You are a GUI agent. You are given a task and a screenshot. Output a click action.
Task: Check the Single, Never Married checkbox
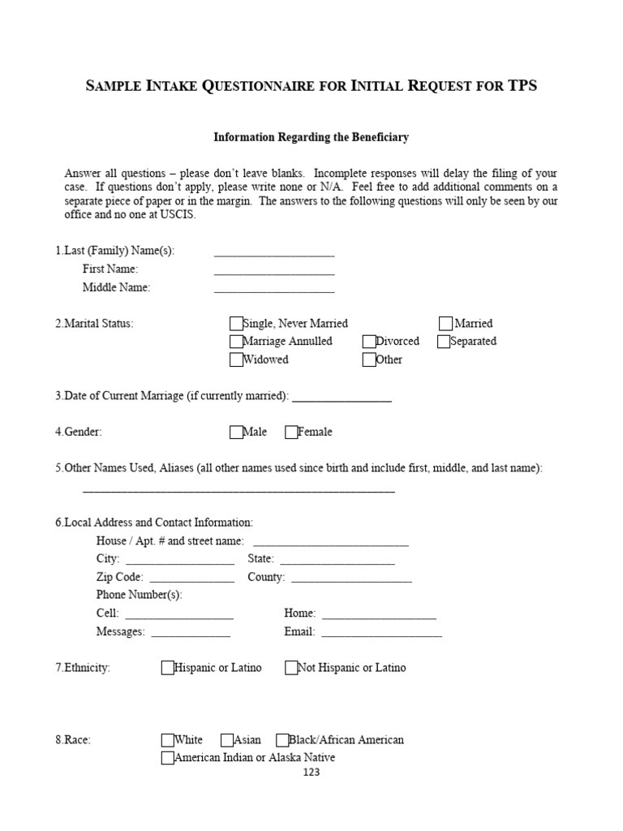point(236,324)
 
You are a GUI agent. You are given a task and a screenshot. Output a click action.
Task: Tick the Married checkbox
point(446,324)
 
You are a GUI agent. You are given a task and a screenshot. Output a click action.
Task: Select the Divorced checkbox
point(369,342)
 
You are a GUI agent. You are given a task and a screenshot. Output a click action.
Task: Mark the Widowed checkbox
point(236,360)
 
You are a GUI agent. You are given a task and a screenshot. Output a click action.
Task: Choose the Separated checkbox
point(444,342)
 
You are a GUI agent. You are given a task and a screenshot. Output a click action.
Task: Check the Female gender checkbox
point(291,433)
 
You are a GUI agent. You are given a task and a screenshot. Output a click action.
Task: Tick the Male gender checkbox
point(236,433)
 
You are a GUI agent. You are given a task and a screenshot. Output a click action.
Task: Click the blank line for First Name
point(274,272)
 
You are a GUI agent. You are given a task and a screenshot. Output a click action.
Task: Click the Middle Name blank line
point(274,290)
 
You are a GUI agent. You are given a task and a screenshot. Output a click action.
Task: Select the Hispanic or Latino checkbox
point(168,668)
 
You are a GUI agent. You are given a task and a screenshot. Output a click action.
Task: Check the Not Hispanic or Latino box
point(291,668)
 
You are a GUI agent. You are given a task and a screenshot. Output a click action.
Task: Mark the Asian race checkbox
point(227,740)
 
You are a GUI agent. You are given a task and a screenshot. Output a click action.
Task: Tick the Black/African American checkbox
point(282,740)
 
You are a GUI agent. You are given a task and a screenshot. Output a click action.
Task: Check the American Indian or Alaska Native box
point(168,758)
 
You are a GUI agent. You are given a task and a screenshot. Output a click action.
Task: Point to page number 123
point(311,773)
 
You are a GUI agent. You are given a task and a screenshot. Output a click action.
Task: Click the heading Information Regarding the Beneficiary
point(311,138)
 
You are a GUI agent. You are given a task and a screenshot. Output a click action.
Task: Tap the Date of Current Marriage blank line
point(342,398)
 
